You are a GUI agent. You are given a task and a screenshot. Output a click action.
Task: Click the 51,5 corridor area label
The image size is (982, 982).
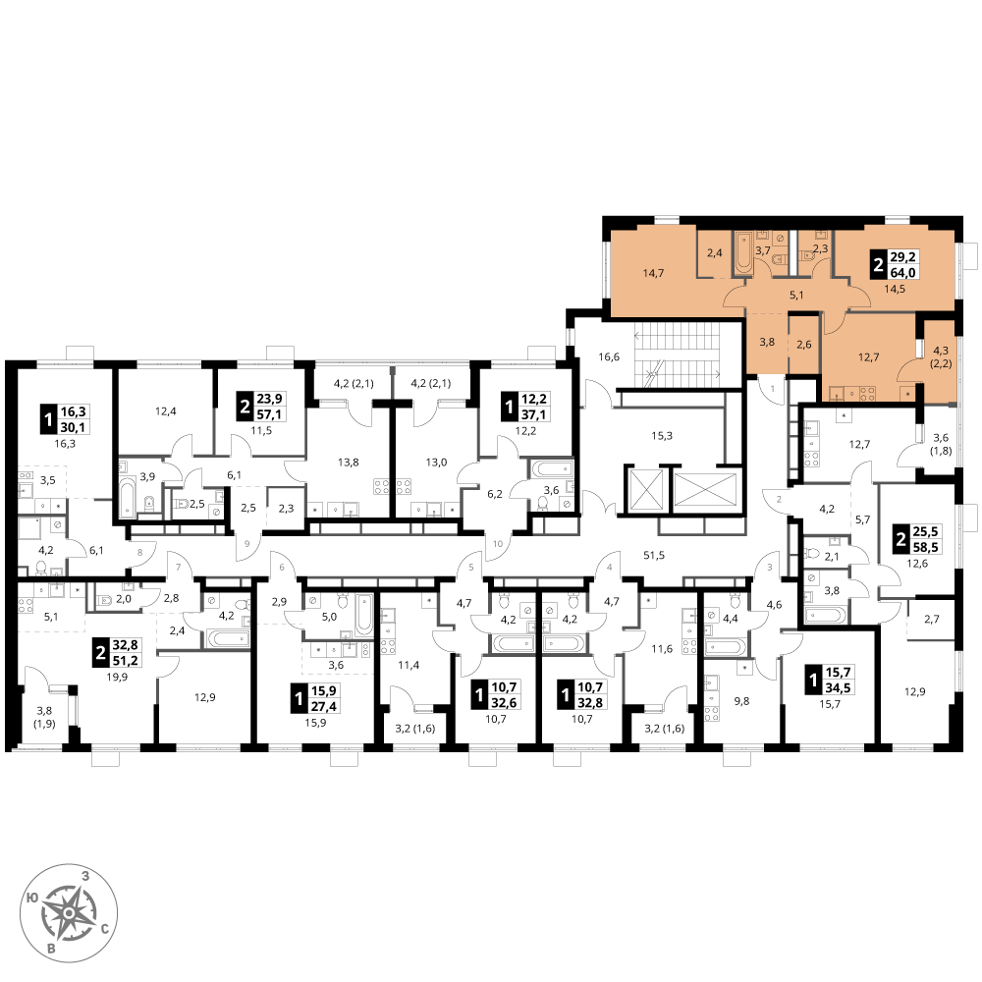pos(654,555)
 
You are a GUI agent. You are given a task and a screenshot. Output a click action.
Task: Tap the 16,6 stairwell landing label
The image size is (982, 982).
pos(609,357)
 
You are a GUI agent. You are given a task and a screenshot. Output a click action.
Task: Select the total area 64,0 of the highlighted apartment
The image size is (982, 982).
pos(903,272)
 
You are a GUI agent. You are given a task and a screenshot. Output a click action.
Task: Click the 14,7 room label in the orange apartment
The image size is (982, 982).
pos(653,273)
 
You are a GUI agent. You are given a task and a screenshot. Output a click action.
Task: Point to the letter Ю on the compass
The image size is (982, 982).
pos(30,899)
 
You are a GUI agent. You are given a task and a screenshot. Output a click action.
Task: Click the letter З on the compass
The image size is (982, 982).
pos(85,876)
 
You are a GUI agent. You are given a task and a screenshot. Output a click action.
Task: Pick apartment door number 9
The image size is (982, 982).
pos(246,544)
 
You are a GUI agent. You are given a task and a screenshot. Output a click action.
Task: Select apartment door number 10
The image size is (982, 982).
pos(498,544)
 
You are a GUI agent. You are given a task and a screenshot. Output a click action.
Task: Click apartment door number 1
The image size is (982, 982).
pos(772,388)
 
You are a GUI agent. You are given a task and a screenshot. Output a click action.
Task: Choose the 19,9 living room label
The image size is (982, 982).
pos(117,677)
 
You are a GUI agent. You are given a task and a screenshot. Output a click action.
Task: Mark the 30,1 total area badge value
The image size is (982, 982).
pos(74,427)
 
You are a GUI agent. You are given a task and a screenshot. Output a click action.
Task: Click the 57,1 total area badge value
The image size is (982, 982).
pos(269,414)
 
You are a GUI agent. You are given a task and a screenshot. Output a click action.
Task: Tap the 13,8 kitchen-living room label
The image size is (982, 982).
pos(349,463)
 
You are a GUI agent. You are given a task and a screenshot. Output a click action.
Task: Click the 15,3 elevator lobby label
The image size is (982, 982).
pos(662,435)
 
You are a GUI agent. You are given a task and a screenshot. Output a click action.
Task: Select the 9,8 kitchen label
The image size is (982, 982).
pos(741,701)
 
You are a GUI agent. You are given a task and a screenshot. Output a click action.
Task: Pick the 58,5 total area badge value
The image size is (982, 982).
pos(926,547)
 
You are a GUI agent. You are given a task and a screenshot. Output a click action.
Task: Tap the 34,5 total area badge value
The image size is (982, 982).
pos(838,687)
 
